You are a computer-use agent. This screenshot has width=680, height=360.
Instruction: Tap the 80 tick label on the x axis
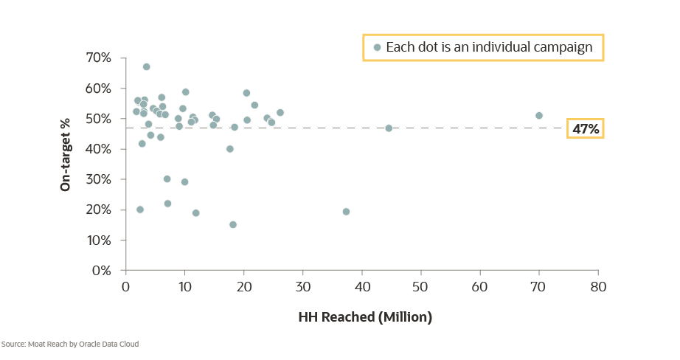tap(597, 285)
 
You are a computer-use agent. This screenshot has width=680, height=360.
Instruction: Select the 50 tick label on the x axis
tap(420, 285)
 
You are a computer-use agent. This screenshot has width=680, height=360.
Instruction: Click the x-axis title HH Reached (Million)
tap(364, 318)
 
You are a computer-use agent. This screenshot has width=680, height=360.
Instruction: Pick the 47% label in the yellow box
tap(586, 129)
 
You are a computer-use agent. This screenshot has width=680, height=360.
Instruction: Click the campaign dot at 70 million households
tap(539, 116)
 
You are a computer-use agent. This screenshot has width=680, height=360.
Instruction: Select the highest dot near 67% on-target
tap(146, 67)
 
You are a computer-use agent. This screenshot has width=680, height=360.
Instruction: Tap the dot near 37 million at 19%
tap(346, 212)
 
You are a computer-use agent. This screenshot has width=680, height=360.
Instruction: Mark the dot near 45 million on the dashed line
tap(389, 128)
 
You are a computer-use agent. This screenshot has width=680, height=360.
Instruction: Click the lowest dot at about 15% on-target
tap(233, 224)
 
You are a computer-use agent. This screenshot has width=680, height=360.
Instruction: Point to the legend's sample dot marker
tap(377, 48)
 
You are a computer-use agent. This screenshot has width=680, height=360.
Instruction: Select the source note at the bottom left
tap(70, 344)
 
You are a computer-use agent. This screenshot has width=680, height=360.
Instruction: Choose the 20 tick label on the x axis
tap(243, 285)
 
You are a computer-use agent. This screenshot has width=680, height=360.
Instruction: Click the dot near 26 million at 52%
tap(280, 113)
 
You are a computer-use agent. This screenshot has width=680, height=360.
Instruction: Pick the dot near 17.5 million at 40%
tap(229, 149)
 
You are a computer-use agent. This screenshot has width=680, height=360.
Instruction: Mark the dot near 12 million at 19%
tap(195, 213)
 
